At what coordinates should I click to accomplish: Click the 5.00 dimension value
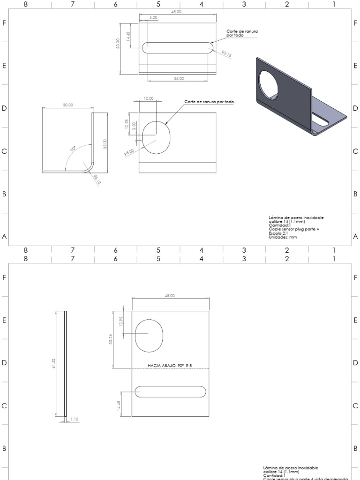153,17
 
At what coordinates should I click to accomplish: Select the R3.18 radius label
227,54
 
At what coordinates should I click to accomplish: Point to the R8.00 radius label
129,152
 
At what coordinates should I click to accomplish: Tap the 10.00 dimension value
148,98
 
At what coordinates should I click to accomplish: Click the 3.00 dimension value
135,127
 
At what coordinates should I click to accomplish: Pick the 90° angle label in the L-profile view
73,149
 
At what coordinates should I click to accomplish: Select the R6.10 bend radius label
96,180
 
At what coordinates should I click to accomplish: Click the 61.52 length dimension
54,363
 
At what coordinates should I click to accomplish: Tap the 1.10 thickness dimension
74,419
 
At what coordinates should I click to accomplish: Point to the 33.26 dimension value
111,339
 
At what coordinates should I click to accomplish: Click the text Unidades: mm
283,237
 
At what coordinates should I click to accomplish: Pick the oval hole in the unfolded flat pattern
148,336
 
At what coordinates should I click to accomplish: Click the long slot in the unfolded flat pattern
170,392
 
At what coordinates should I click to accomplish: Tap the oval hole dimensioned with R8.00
156,138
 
